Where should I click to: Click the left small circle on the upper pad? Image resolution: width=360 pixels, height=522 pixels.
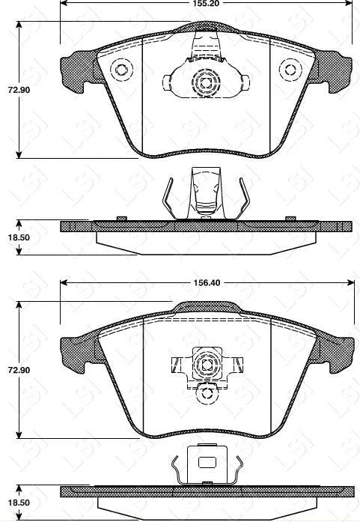coord(120,70)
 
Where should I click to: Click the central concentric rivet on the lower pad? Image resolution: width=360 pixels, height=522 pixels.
coord(204,365)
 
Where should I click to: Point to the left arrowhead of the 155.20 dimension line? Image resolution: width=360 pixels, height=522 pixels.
coord(63,3)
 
